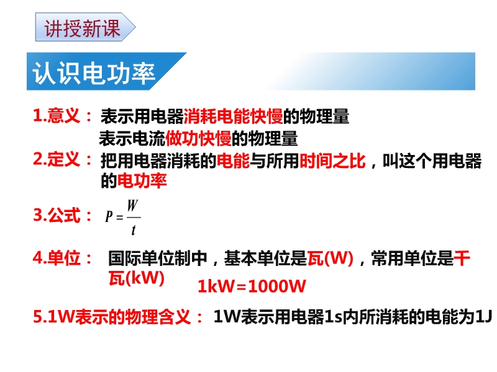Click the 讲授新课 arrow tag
tap(85, 27)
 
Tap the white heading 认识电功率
tap(94, 73)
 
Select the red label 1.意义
tap(57, 115)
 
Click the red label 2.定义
tap(57, 159)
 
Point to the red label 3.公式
tap(57, 215)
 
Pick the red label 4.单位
tap(57, 258)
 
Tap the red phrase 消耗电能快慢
tap(234, 117)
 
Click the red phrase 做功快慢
tap(198, 138)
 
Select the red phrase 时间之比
tap(332, 161)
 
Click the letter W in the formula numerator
tap(132, 206)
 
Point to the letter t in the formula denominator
tap(134, 230)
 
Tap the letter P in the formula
tap(109, 216)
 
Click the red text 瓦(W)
tap(331, 259)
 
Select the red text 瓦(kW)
tap(137, 278)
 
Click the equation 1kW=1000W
tap(252, 286)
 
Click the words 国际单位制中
tap(158, 259)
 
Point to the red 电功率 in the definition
tap(142, 181)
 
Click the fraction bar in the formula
tap(134, 218)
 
